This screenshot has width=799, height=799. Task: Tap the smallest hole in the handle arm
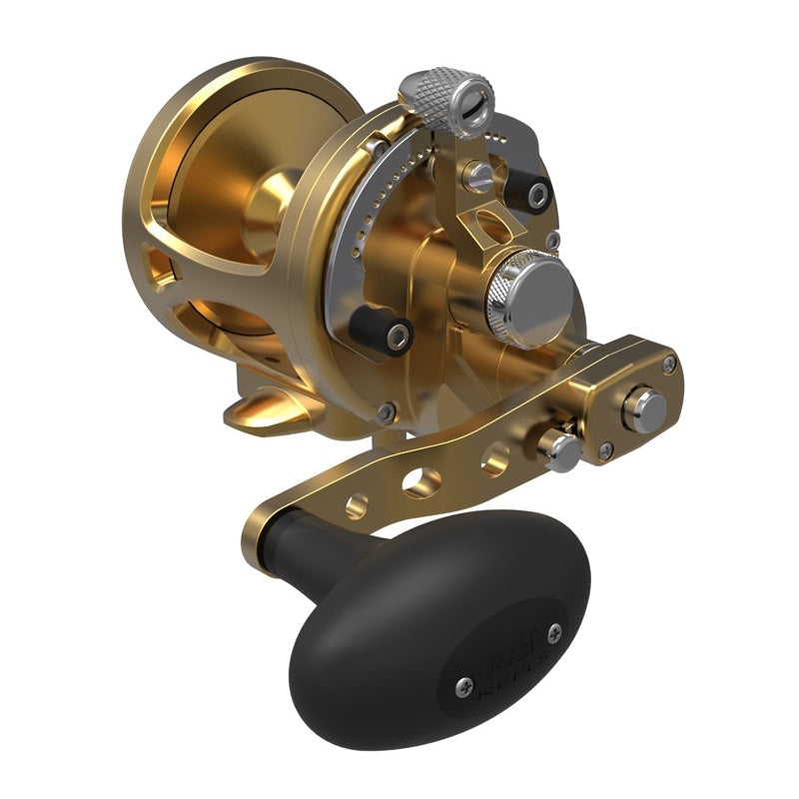[357, 506]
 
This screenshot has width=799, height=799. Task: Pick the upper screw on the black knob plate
[555, 631]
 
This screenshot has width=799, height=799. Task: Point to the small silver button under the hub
[560, 450]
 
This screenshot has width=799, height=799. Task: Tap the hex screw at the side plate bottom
[386, 407]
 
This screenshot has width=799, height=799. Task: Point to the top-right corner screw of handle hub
[668, 365]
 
